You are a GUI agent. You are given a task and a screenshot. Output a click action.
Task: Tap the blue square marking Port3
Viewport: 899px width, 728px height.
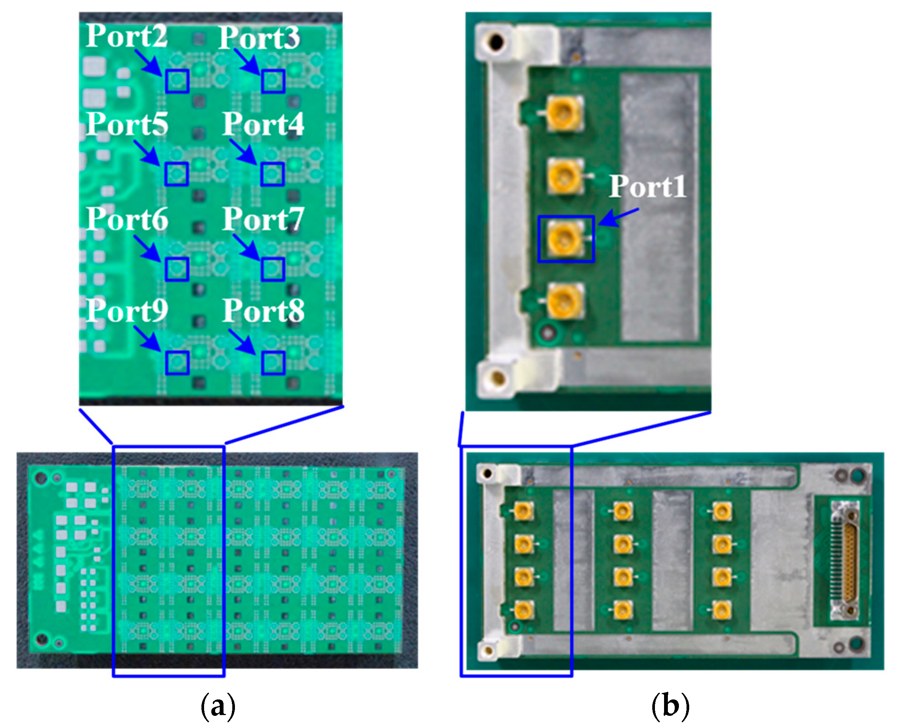[x=273, y=81]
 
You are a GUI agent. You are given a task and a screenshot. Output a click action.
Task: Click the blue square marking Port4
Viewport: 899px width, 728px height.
[x=272, y=174]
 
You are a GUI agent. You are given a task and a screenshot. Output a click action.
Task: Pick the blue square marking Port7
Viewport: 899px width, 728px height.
[x=273, y=269]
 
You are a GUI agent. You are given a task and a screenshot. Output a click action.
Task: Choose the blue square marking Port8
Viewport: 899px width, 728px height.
[x=273, y=363]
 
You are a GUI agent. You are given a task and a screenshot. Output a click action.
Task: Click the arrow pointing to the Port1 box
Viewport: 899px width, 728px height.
[x=618, y=217]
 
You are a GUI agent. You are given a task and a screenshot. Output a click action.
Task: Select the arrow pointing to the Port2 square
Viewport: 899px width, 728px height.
[x=149, y=63]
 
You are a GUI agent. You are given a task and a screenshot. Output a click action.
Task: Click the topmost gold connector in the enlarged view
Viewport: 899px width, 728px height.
[x=564, y=112]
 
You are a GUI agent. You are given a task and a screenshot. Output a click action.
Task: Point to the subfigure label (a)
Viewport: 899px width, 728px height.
[x=218, y=706]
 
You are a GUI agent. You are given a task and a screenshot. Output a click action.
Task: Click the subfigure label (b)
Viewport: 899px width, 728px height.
[x=670, y=706]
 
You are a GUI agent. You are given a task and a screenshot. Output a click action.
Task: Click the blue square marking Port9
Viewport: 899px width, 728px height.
[x=177, y=363]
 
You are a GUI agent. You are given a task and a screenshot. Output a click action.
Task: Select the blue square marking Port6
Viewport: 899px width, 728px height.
[x=177, y=269]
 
